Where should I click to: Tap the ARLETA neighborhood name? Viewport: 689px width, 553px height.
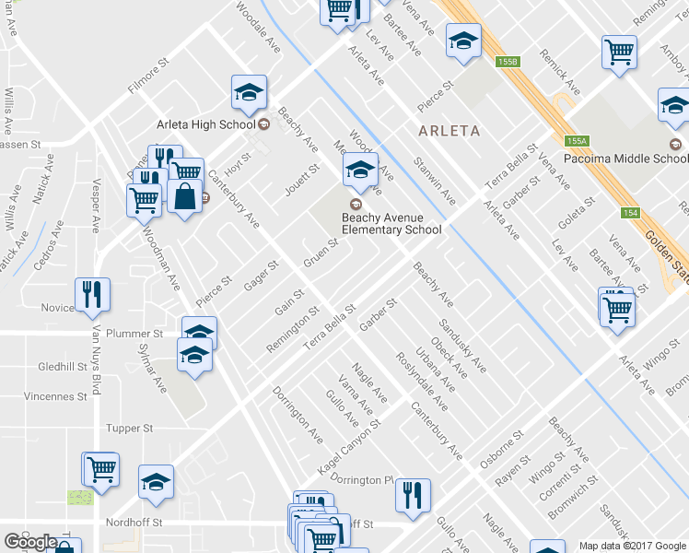tap(449, 131)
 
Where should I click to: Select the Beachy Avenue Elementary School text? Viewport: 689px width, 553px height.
tap(391, 224)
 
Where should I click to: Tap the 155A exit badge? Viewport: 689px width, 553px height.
tap(577, 141)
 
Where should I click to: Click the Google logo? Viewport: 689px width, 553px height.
tap(30, 542)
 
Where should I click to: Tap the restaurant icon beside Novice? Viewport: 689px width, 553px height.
tap(92, 294)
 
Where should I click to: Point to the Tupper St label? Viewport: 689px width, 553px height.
tap(129, 429)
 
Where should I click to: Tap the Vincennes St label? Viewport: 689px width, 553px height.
tap(56, 396)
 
